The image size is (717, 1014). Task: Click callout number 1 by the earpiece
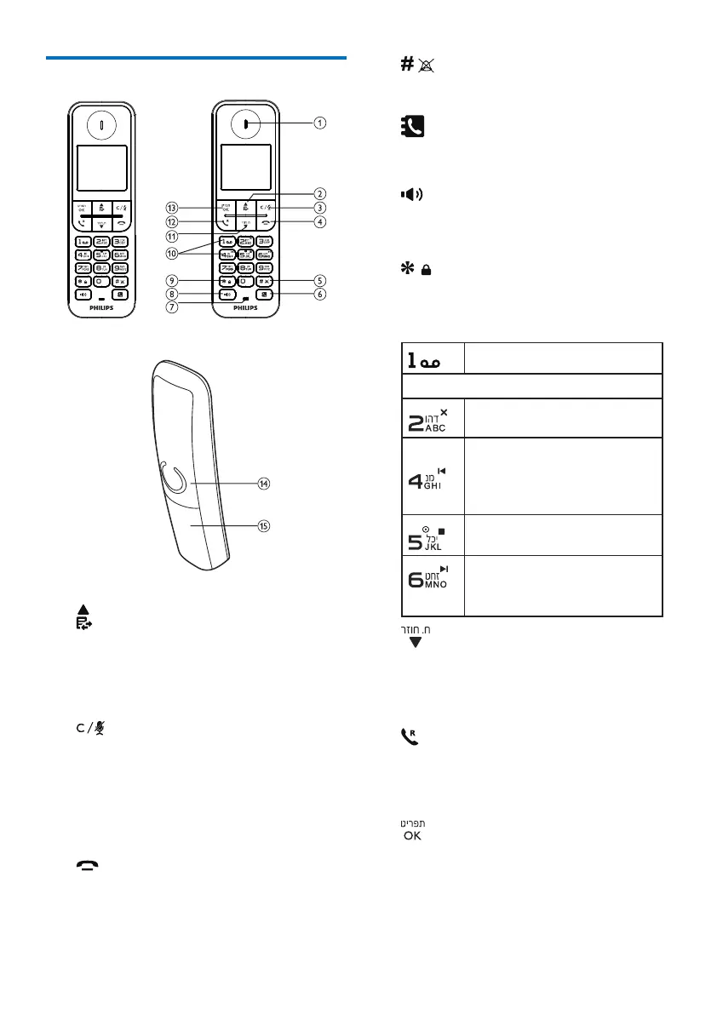[318, 123]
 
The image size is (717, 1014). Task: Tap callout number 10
[173, 253]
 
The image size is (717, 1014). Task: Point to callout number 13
[173, 207]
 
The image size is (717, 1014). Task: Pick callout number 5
[318, 279]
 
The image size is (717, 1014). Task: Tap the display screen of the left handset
[101, 168]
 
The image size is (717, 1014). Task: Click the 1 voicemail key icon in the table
[433, 358]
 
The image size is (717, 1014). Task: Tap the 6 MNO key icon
[432, 584]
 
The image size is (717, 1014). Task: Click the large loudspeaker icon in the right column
[410, 194]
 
